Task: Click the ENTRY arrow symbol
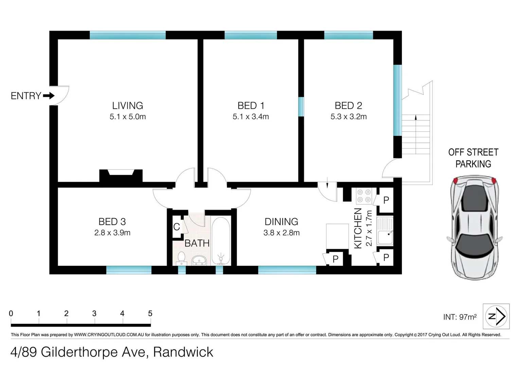point(49,96)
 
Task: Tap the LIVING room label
point(127,106)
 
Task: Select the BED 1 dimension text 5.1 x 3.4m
point(251,117)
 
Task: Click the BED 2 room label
point(348,106)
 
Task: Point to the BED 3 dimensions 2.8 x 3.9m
point(112,233)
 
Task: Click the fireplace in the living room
point(121,176)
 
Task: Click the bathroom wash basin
point(199,260)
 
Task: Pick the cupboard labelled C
point(177,227)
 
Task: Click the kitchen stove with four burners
point(364,196)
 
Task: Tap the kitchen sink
point(384,231)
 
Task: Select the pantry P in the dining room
point(336,259)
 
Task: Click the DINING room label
point(281,222)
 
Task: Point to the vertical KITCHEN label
point(358,228)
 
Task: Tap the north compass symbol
point(496,316)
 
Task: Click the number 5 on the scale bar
point(150,313)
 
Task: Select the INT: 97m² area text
point(460,317)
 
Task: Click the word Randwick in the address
point(183,352)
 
